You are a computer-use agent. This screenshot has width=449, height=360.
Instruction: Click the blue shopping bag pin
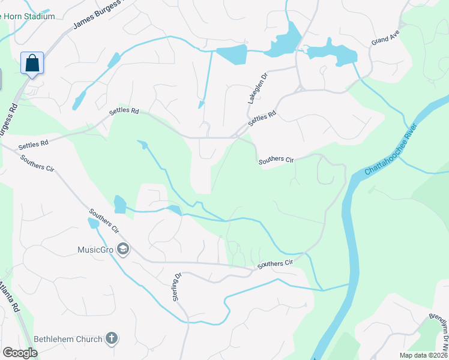point(32,63)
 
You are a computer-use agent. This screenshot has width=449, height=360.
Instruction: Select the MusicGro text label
point(97,249)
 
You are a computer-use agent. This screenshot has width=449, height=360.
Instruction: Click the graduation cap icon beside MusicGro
point(123,249)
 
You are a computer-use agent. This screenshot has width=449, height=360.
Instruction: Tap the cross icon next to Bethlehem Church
point(111,339)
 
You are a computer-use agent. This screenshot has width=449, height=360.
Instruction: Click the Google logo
point(20,353)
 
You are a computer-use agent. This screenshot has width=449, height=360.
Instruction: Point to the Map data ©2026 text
point(423,355)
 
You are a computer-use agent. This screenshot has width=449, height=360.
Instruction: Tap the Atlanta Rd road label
point(8,297)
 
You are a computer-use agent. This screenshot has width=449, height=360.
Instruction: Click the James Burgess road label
point(100,14)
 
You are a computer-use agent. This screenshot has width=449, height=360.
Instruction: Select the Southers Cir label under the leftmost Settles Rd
point(37,163)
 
